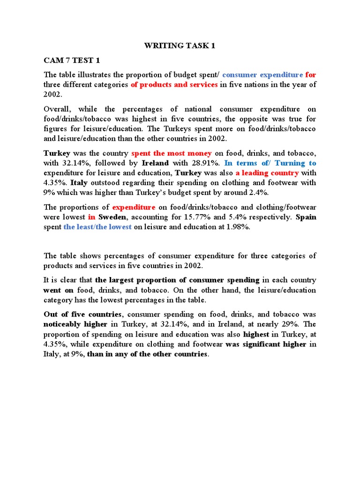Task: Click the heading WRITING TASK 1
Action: (x=180, y=46)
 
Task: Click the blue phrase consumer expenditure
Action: (x=262, y=75)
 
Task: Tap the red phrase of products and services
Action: (x=174, y=84)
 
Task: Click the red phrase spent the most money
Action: (x=172, y=153)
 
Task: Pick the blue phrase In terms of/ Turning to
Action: (x=270, y=163)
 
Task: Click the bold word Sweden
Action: (x=112, y=217)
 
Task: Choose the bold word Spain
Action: (x=306, y=217)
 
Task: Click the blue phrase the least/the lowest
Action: (x=97, y=227)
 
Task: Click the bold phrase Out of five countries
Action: (x=83, y=314)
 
